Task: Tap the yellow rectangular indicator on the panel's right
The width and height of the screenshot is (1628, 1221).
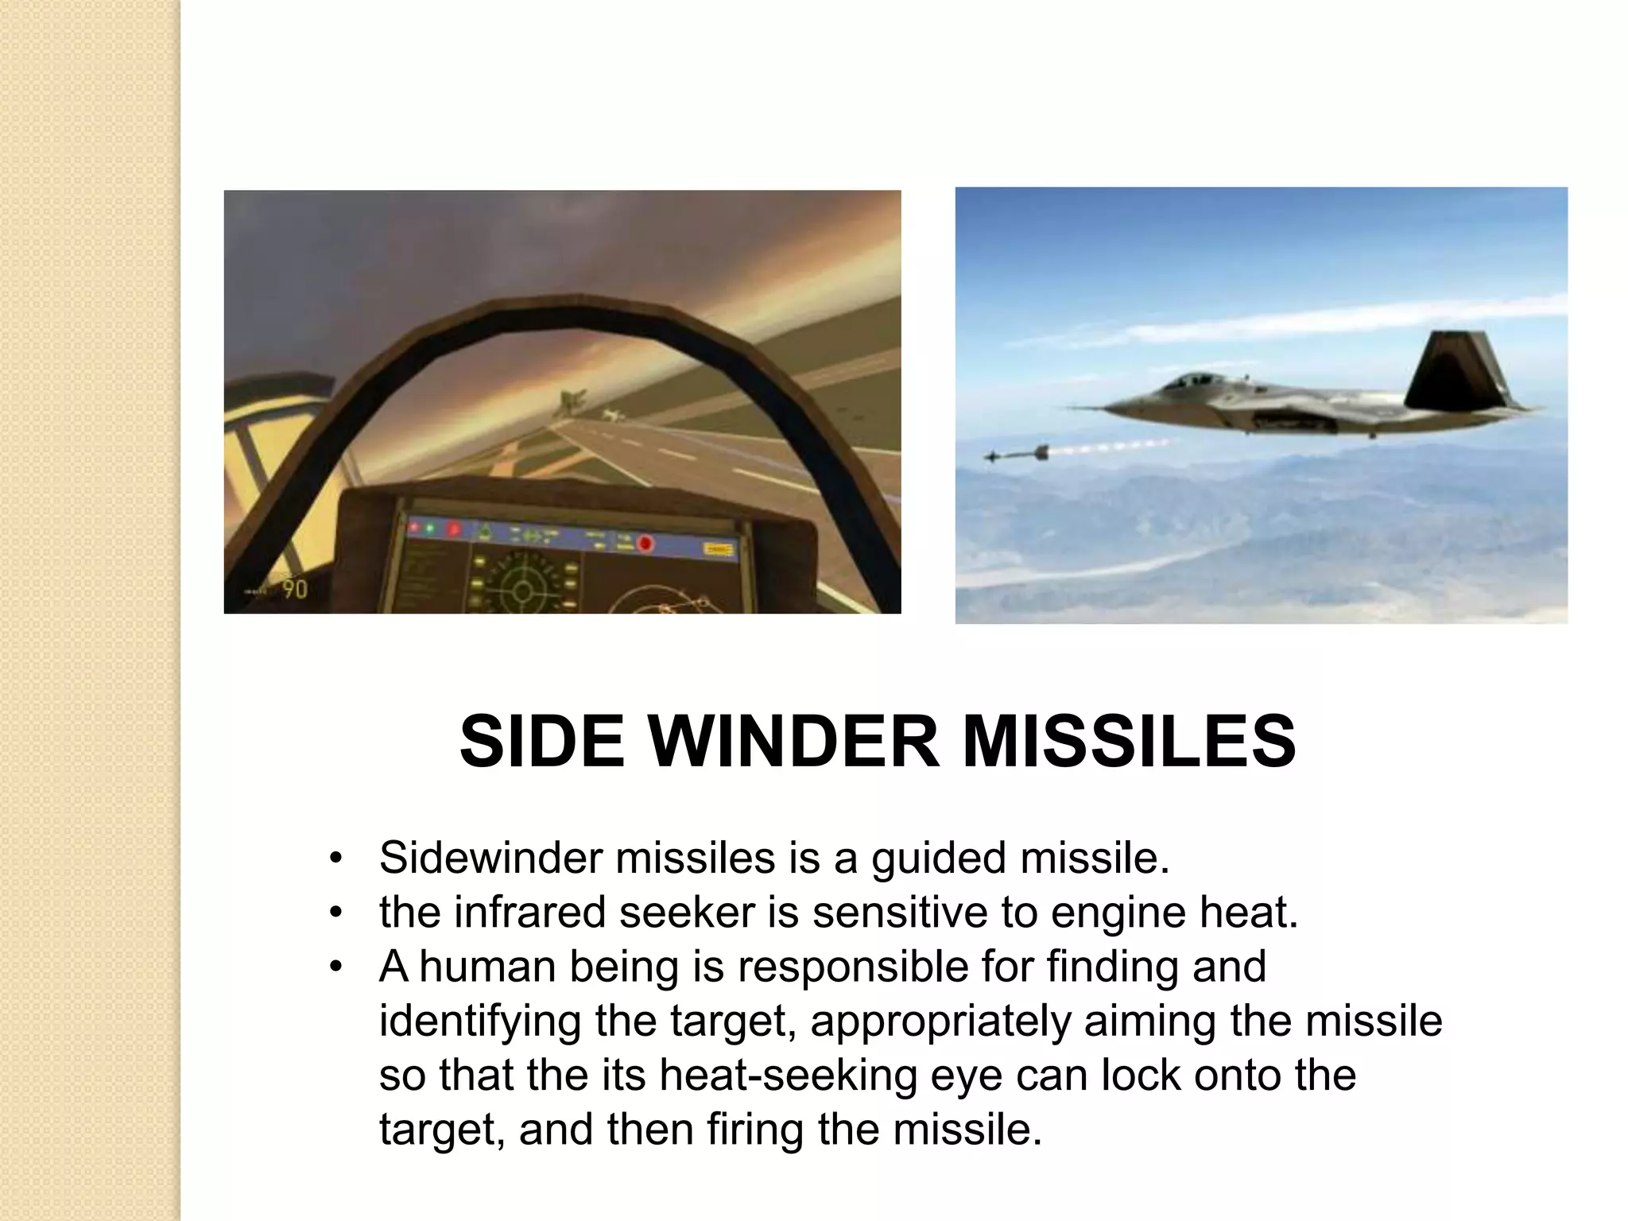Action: pos(719,549)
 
